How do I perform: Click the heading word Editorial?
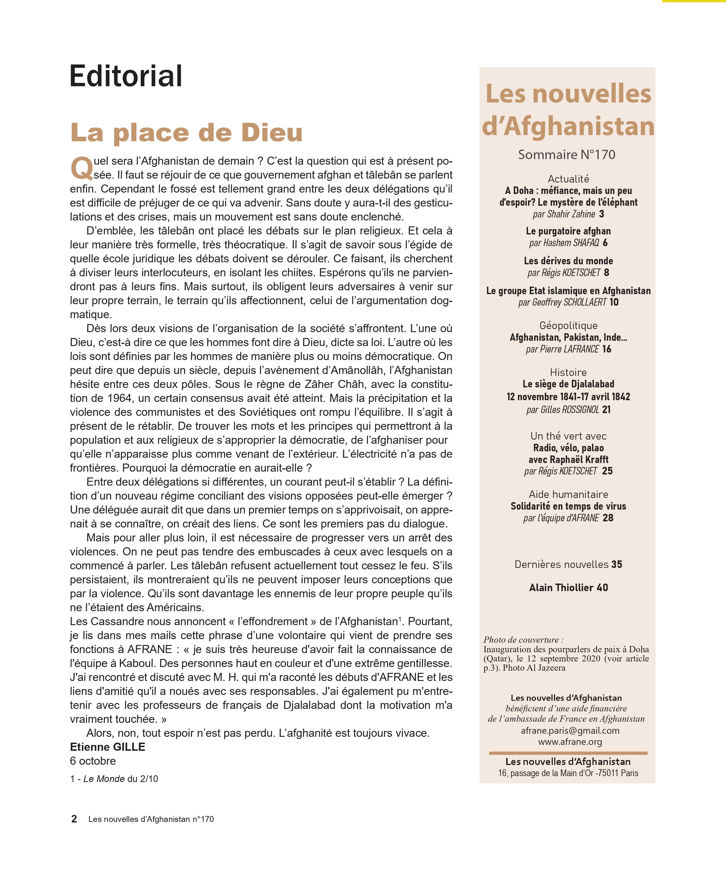tap(126, 76)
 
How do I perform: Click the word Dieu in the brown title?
tap(272, 133)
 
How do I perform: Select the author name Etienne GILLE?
tap(108, 747)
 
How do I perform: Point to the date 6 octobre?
tap(93, 761)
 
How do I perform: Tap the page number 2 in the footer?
tap(74, 819)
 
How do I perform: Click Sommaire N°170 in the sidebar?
tap(567, 155)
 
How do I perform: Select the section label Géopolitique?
tap(568, 325)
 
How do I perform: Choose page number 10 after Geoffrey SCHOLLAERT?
tap(614, 302)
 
